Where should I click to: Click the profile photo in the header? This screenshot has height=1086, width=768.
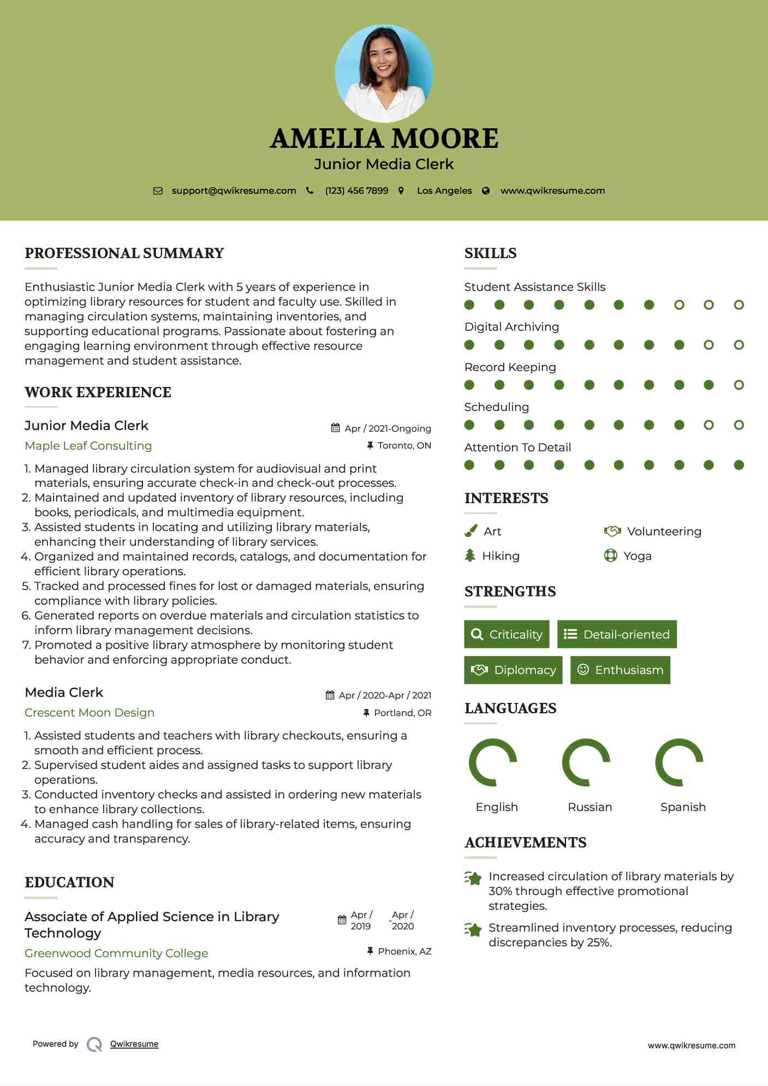click(384, 73)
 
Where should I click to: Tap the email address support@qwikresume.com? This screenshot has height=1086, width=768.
click(234, 190)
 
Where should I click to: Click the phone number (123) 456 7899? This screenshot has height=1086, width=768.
click(356, 190)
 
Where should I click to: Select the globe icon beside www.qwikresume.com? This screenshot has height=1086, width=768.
click(486, 190)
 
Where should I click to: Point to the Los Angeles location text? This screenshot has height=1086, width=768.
click(444, 190)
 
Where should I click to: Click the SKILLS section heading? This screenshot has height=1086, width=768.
click(490, 253)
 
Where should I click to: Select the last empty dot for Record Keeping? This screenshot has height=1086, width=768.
click(739, 385)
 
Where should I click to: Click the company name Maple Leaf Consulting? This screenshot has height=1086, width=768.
click(88, 446)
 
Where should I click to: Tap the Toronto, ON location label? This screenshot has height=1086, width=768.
click(404, 445)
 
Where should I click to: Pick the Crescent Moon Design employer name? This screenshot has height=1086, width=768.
click(90, 713)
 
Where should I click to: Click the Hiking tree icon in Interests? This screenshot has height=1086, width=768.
click(470, 556)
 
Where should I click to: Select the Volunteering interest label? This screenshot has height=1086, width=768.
click(664, 532)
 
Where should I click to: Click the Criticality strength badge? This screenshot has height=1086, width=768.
click(507, 634)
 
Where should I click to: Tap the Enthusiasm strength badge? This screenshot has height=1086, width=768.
click(620, 670)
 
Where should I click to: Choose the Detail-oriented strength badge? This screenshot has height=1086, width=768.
click(617, 634)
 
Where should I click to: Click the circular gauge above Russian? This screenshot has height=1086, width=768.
click(586, 762)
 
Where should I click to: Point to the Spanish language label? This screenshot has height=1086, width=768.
click(683, 807)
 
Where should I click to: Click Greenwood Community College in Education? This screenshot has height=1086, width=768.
click(116, 953)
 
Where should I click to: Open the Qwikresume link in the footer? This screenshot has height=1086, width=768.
click(134, 1044)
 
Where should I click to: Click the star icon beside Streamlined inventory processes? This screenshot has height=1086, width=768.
click(473, 929)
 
